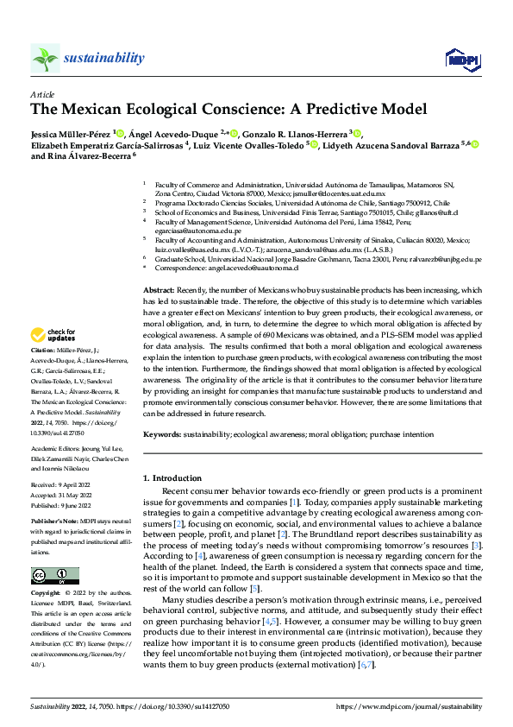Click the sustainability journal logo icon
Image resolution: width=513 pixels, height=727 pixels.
[45, 58]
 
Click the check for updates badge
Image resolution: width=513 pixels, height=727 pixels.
[53, 334]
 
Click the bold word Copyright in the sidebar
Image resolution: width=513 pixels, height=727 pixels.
[47, 570]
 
